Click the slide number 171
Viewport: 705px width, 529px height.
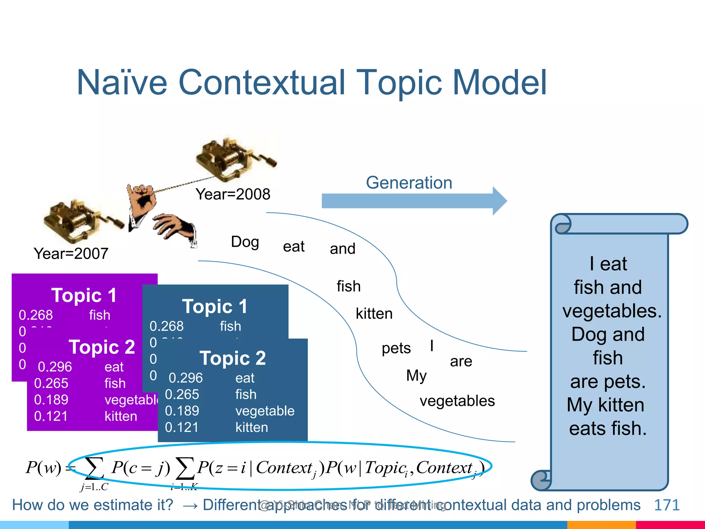[666, 505]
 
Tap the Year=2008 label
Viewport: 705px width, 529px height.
[233, 195]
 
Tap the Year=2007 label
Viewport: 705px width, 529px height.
[71, 254]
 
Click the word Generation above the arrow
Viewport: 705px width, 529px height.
[409, 183]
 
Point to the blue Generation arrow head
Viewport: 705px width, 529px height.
[499, 201]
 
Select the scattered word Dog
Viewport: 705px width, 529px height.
[245, 242]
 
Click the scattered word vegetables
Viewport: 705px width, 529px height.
[457, 401]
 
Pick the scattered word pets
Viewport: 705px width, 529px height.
[396, 348]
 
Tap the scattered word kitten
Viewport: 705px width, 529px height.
[374, 314]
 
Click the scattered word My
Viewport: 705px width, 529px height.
[416, 375]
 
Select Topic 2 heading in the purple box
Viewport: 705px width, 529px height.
[102, 347]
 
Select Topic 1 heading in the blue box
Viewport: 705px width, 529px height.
[214, 306]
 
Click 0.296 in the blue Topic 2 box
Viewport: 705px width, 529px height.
[186, 378]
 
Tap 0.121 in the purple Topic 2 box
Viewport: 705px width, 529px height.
[51, 416]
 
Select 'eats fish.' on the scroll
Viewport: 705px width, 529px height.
[608, 429]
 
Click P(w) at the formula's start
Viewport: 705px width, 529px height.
[43, 468]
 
